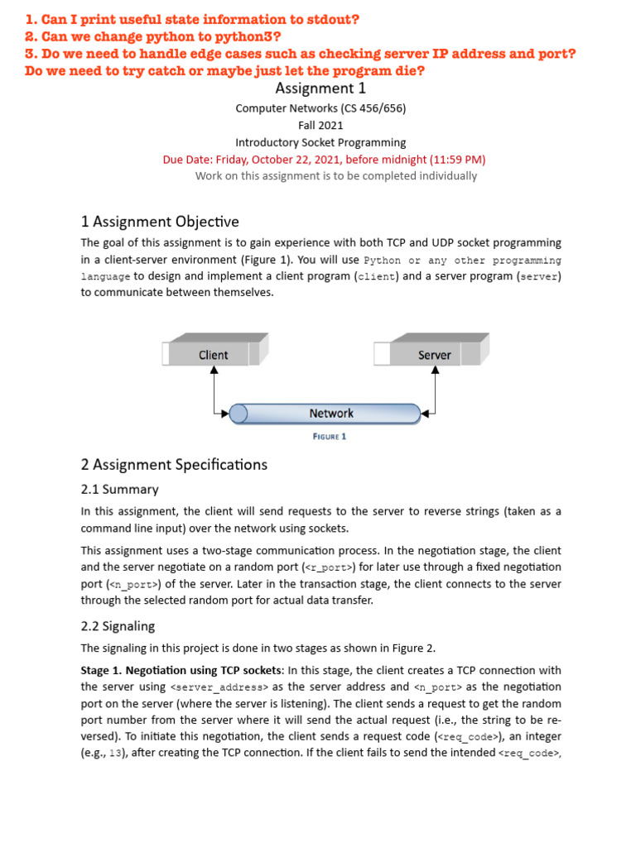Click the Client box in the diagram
tap(214, 355)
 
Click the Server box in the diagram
tap(434, 355)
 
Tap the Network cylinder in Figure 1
tap(330, 414)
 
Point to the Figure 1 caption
tap(330, 436)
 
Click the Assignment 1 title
tap(320, 89)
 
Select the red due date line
tap(324, 160)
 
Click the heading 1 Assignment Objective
tap(160, 222)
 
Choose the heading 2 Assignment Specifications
tap(174, 465)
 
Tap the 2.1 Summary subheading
tap(119, 490)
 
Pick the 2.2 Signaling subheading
tap(118, 626)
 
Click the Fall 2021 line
tap(320, 126)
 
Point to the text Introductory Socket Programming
tap(320, 142)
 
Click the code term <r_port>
tap(331, 567)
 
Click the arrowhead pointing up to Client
tap(214, 371)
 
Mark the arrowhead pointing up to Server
tap(435, 371)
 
